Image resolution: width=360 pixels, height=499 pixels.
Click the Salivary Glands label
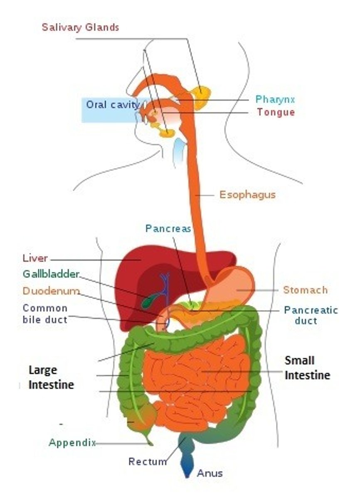coord(80,27)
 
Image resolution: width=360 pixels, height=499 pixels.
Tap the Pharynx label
coord(275,99)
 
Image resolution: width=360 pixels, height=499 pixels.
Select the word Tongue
coord(276,112)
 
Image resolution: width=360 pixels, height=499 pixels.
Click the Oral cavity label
coord(112,104)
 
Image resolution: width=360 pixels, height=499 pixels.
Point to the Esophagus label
coord(247,195)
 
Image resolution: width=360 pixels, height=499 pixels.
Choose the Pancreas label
coord(168,228)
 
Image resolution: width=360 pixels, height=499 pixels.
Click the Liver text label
coord(35,258)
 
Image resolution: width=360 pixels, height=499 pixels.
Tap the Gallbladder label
coord(51,274)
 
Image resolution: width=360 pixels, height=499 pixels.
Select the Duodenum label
coord(51,291)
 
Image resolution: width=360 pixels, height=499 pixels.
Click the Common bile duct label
coord(45,314)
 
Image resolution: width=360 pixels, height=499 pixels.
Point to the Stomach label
coord(305,290)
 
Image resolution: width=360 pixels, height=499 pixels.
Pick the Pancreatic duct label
coord(311,315)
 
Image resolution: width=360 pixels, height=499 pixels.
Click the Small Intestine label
coord(307,368)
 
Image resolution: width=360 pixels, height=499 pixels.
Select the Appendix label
coord(72,442)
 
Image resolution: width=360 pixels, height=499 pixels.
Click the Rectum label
coord(148,462)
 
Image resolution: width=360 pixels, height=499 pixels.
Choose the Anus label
coord(210,473)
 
